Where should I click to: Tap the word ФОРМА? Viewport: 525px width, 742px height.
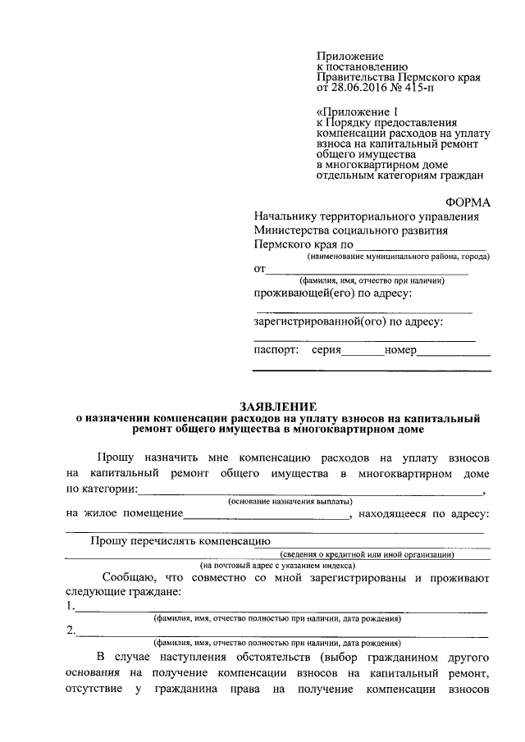[467, 201]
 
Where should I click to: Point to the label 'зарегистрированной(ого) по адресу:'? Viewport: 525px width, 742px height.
[349, 321]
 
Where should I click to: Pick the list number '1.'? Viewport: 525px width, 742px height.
[71, 608]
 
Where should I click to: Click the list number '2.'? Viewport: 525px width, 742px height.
[72, 631]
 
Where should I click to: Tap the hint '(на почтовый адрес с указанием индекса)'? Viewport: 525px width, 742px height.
[278, 566]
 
